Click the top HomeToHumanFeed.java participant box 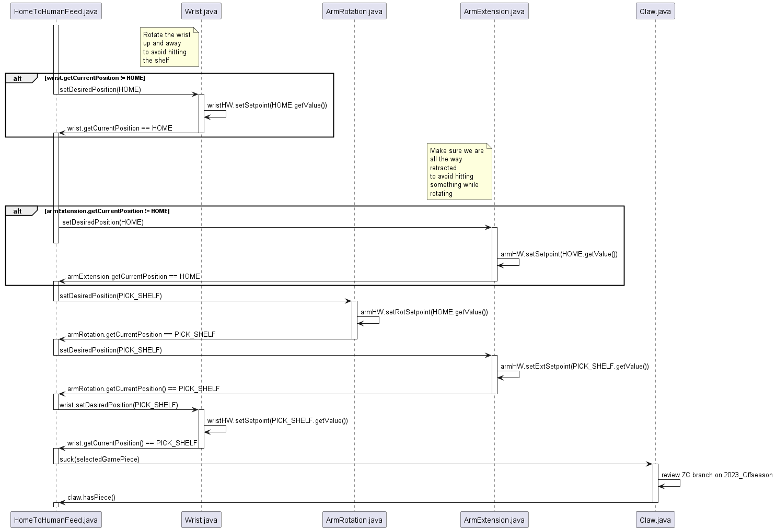coord(56,11)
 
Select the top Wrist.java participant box coord(201,11)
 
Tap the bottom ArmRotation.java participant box coord(354,520)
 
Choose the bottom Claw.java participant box coord(655,520)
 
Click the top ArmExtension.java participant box coord(494,11)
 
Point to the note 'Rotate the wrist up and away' coord(169,48)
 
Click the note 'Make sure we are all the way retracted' coord(459,172)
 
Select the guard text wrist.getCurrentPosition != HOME coord(95,78)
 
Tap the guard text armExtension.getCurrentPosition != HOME coord(107,211)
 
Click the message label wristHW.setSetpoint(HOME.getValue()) coord(267,105)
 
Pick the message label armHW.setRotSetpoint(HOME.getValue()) coord(424,312)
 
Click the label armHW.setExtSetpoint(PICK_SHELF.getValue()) coord(574,366)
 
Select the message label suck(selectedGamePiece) coord(99,459)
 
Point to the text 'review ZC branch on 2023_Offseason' coord(716,475)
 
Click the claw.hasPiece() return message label coord(91,497)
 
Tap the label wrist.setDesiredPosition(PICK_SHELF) coord(119,405)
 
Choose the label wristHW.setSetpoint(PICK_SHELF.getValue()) coord(277,420)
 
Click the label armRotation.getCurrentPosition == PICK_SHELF coord(141,334)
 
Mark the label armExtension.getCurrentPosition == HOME coord(133,276)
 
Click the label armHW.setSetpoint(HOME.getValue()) coord(559,254)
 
